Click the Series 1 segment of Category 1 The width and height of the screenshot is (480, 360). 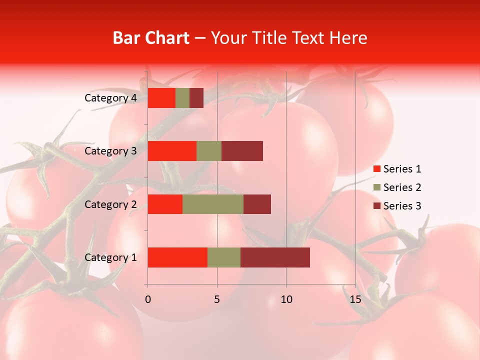pyautogui.click(x=177, y=257)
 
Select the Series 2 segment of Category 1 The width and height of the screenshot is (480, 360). pyautogui.click(x=224, y=257)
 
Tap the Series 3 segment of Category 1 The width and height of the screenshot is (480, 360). pyautogui.click(x=275, y=257)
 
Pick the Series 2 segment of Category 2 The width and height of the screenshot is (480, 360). pyautogui.click(x=213, y=204)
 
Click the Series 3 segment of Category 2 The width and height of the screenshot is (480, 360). pyautogui.click(x=257, y=204)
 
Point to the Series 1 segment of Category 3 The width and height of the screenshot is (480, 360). pyautogui.click(x=172, y=151)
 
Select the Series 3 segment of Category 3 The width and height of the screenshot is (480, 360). pyautogui.click(x=242, y=151)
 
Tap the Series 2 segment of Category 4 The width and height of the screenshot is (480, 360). pyautogui.click(x=182, y=98)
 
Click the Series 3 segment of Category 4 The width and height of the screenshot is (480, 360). pyautogui.click(x=196, y=98)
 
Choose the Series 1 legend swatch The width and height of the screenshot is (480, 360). pyautogui.click(x=376, y=169)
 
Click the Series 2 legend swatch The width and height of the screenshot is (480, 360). pyautogui.click(x=376, y=187)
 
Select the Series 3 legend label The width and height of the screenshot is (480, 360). pyautogui.click(x=402, y=206)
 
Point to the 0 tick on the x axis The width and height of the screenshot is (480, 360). pyautogui.click(x=147, y=299)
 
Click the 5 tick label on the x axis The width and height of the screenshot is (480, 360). pyautogui.click(x=217, y=299)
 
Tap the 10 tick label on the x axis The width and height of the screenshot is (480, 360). pyautogui.click(x=286, y=299)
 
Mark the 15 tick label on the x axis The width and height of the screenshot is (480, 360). pyautogui.click(x=355, y=299)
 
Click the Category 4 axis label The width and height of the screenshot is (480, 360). pyautogui.click(x=110, y=98)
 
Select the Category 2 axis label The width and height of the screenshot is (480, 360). pyautogui.click(x=110, y=204)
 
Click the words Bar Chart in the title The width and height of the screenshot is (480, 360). pyautogui.click(x=151, y=37)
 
